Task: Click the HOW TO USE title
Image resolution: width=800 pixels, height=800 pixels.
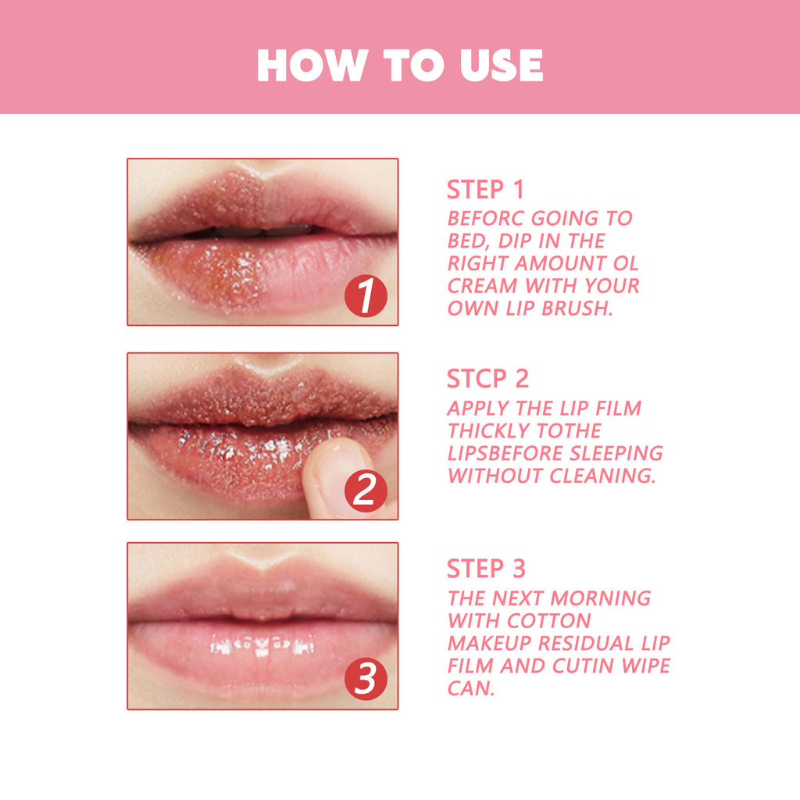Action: (399, 66)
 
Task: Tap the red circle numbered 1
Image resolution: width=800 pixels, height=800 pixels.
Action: (366, 298)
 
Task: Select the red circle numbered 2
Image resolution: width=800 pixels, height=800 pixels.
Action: (366, 491)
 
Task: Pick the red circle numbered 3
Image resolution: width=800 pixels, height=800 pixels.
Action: (366, 680)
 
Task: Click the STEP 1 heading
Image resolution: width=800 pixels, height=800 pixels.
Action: (485, 190)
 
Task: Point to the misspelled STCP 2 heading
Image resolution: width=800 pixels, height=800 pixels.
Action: (487, 379)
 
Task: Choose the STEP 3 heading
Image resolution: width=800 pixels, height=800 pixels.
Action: (486, 569)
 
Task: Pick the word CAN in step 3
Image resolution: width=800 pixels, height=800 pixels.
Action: (471, 689)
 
